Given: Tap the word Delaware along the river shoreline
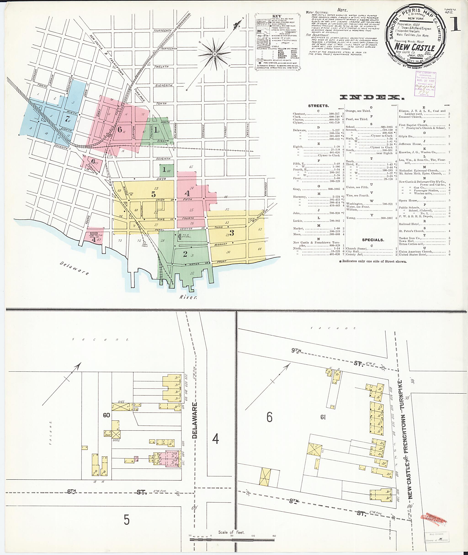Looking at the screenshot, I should (x=74, y=268).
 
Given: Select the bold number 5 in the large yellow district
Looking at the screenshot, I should (x=153, y=194).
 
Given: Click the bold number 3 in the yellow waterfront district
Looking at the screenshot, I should (x=232, y=233).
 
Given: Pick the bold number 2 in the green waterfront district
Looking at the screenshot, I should (x=185, y=254).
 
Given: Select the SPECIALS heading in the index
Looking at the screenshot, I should (x=373, y=240).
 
